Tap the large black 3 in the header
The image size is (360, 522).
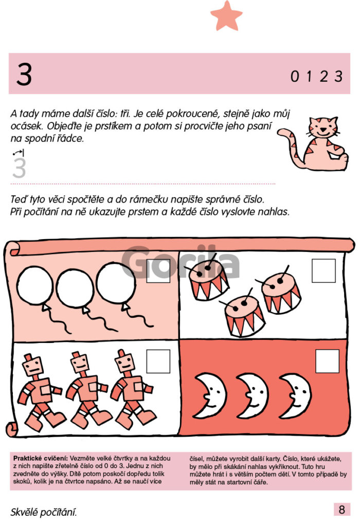[x=24, y=74]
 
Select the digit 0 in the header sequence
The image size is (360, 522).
[x=295, y=77]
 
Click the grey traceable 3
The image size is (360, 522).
[x=19, y=168]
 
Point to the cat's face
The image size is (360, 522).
[x=322, y=127]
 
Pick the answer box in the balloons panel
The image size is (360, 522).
[x=158, y=271]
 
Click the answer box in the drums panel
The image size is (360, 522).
[x=323, y=271]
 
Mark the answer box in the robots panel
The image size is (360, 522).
[x=158, y=361]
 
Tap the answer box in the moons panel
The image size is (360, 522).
[x=327, y=361]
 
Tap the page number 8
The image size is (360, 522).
[x=341, y=509]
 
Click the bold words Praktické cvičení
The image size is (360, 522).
[x=41, y=458]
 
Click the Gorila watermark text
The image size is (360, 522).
[x=181, y=262]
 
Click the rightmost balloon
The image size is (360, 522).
[x=116, y=283]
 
